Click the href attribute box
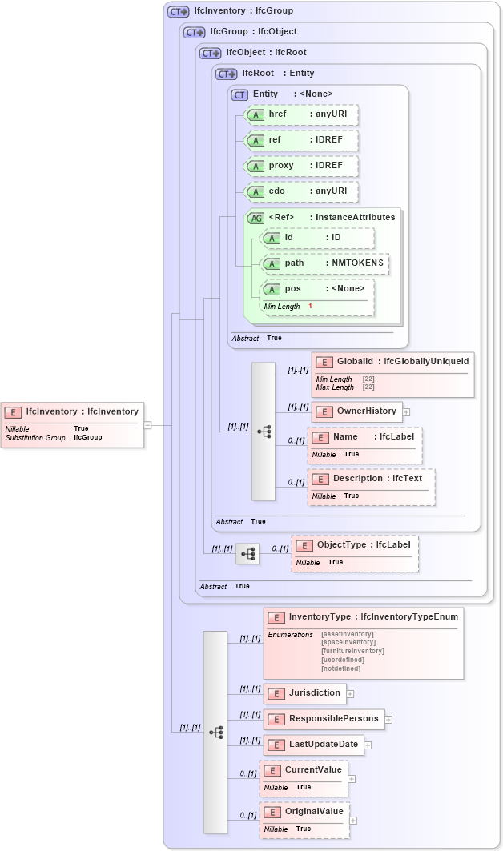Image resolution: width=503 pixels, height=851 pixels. tap(301, 114)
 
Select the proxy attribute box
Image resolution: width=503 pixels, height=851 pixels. tap(301, 166)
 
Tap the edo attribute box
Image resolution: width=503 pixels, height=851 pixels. tap(301, 191)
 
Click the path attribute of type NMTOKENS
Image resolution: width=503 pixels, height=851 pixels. tap(325, 263)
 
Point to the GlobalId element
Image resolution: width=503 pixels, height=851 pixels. tap(392, 363)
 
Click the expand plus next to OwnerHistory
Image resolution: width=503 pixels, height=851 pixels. tap(406, 412)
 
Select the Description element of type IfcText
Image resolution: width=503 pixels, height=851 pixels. tap(372, 479)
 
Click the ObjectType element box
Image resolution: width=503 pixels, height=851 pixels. tap(355, 545)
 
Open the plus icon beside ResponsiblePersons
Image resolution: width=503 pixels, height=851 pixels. tap(388, 720)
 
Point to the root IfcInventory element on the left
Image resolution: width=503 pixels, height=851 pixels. tap(73, 412)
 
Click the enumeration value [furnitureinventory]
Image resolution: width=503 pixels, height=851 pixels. tap(352, 651)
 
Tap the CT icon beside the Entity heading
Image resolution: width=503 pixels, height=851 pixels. tap(239, 94)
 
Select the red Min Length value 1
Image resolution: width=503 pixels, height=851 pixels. tap(310, 307)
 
